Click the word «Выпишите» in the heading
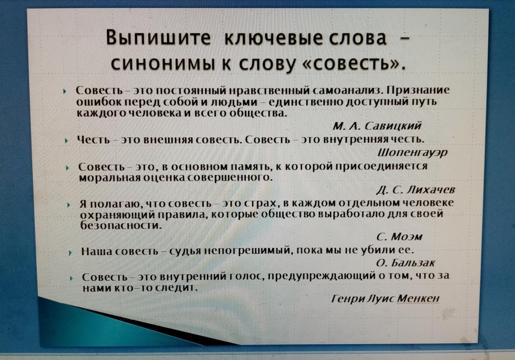pyautogui.click(x=158, y=38)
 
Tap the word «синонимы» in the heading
pyautogui.click(x=163, y=64)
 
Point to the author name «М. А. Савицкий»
pyautogui.click(x=377, y=126)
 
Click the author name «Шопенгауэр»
pyautogui.click(x=412, y=153)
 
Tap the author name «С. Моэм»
pyautogui.click(x=400, y=237)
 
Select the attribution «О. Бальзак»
pyautogui.click(x=406, y=263)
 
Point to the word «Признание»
pyautogui.click(x=418, y=91)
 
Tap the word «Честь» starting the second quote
pyautogui.click(x=93, y=139)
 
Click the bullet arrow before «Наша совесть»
pyautogui.click(x=70, y=253)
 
